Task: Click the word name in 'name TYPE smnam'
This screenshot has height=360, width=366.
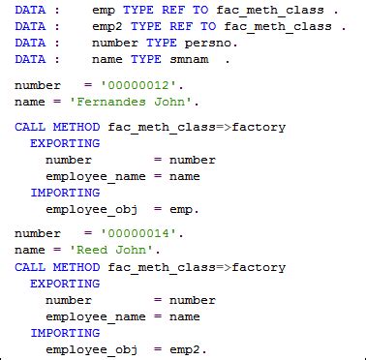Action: coord(107,59)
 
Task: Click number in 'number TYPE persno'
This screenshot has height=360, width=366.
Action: coord(114,44)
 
